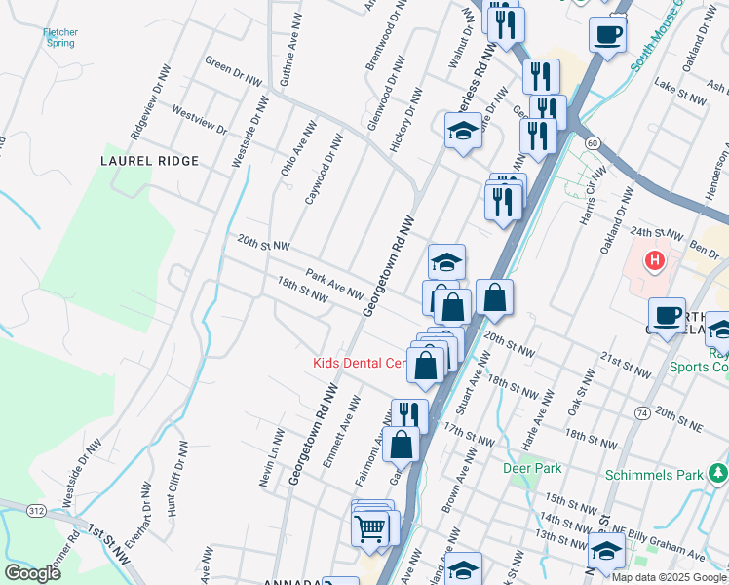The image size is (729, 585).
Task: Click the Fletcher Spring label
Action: tap(60, 38)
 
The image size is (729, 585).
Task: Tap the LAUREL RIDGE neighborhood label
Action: tap(150, 161)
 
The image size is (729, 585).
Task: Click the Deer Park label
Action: tap(532, 468)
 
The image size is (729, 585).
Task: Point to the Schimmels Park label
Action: tap(654, 475)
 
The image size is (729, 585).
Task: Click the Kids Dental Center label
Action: tap(359, 363)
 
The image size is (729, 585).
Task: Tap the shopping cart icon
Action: tap(370, 528)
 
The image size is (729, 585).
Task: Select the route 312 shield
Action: tap(35, 509)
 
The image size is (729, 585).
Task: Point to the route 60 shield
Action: tap(592, 143)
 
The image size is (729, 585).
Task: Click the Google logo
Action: tap(32, 572)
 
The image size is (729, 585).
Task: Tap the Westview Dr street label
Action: tap(199, 120)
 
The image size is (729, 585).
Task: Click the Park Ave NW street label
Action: tap(334, 286)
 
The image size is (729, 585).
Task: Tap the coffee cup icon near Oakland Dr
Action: tap(606, 36)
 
